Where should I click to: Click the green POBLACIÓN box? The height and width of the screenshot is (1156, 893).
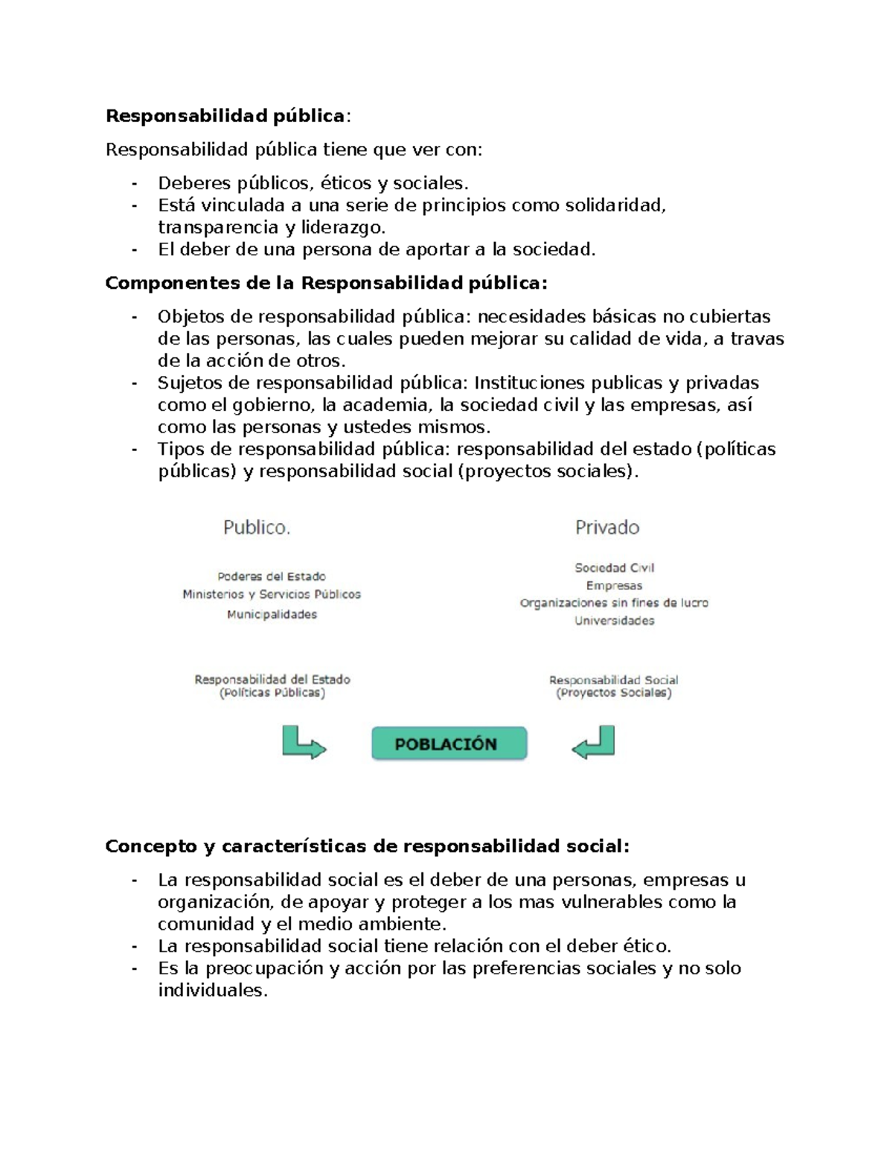(449, 744)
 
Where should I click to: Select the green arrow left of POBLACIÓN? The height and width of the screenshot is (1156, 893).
(304, 743)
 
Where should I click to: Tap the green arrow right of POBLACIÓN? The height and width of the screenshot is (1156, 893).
(594, 743)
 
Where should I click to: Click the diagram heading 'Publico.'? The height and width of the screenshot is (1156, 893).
(257, 528)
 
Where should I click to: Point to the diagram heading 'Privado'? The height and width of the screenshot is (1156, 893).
(607, 528)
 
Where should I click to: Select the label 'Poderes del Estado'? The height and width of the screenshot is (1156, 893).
(272, 576)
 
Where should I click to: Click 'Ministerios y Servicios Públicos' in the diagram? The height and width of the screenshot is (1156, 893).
(272, 594)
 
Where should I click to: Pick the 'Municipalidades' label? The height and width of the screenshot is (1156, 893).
(272, 614)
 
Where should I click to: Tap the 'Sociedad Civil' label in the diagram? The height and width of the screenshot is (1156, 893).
(614, 567)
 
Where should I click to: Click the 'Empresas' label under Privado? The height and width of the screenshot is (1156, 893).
(614, 585)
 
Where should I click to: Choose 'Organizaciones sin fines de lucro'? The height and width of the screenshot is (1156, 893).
(614, 603)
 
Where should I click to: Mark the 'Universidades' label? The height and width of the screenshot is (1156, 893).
(614, 621)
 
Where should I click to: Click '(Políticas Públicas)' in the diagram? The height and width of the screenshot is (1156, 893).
(272, 693)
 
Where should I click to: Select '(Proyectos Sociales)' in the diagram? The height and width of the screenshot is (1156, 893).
(614, 693)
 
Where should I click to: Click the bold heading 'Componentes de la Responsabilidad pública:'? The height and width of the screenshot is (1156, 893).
(326, 284)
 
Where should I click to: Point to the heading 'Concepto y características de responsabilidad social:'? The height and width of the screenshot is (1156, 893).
(367, 846)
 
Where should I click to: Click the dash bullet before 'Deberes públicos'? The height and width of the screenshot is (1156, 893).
(134, 183)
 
